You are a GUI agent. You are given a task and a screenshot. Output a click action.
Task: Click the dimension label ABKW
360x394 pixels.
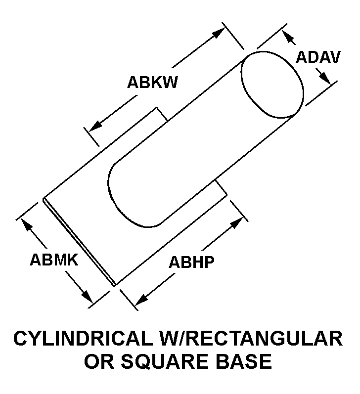pyautogui.click(x=152, y=82)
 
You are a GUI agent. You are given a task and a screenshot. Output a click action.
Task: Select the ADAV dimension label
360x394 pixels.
pyautogui.click(x=318, y=57)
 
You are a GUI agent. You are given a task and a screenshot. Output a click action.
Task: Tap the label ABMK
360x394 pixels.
pyautogui.click(x=54, y=260)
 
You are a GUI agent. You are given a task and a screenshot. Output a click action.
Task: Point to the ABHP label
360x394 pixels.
pyautogui.click(x=191, y=262)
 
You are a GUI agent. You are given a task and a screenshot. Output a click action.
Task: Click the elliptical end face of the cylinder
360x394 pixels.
pyautogui.click(x=272, y=85)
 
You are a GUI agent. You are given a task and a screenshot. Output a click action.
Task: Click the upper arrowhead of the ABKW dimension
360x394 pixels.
pyautogui.click(x=218, y=33)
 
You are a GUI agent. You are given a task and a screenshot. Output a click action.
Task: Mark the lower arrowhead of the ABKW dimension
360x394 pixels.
pyautogui.click(x=95, y=126)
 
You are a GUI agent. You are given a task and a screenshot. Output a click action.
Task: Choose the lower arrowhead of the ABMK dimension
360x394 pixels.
pyautogui.click(x=86, y=296)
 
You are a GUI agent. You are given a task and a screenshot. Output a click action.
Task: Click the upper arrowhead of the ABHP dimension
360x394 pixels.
pyautogui.click(x=236, y=223)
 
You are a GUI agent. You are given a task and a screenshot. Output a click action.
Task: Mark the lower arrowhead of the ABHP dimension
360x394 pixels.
pyautogui.click(x=141, y=299)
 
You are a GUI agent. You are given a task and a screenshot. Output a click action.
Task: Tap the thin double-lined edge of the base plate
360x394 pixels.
pyautogui.click(x=79, y=242)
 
